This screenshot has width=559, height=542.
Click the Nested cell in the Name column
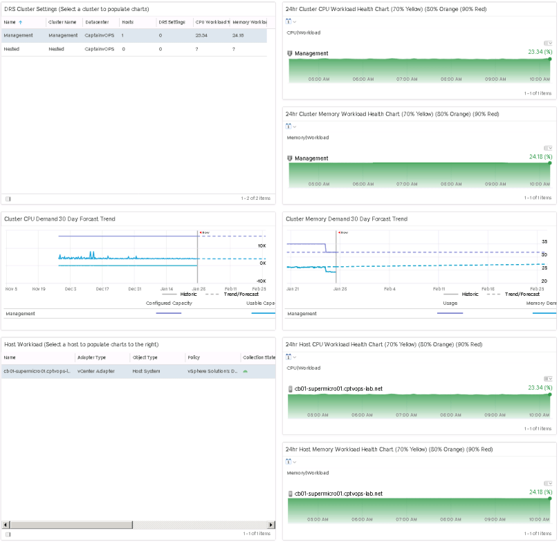[x=11, y=49]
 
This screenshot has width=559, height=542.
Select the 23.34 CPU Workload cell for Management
[x=201, y=35]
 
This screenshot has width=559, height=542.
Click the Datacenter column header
[x=97, y=22]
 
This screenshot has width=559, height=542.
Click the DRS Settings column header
[x=172, y=22]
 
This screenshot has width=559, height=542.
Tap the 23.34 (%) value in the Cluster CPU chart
[x=539, y=51]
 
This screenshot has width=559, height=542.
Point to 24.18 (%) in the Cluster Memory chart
[x=539, y=156]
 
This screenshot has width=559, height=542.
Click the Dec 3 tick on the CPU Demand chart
[x=71, y=288]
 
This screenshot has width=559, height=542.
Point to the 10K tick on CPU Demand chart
[x=262, y=245]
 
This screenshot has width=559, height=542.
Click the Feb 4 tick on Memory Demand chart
[x=390, y=288]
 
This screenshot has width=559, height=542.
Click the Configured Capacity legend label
[x=169, y=303]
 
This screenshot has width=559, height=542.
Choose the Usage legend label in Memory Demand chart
[x=450, y=303]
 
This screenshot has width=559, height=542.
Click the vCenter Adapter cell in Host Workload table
[x=96, y=371]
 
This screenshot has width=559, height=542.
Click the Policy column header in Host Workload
[x=194, y=357]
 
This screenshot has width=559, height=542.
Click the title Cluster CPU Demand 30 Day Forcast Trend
[x=59, y=218]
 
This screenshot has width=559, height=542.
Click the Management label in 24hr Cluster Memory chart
[x=311, y=158]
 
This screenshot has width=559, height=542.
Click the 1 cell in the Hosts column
[x=122, y=35]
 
